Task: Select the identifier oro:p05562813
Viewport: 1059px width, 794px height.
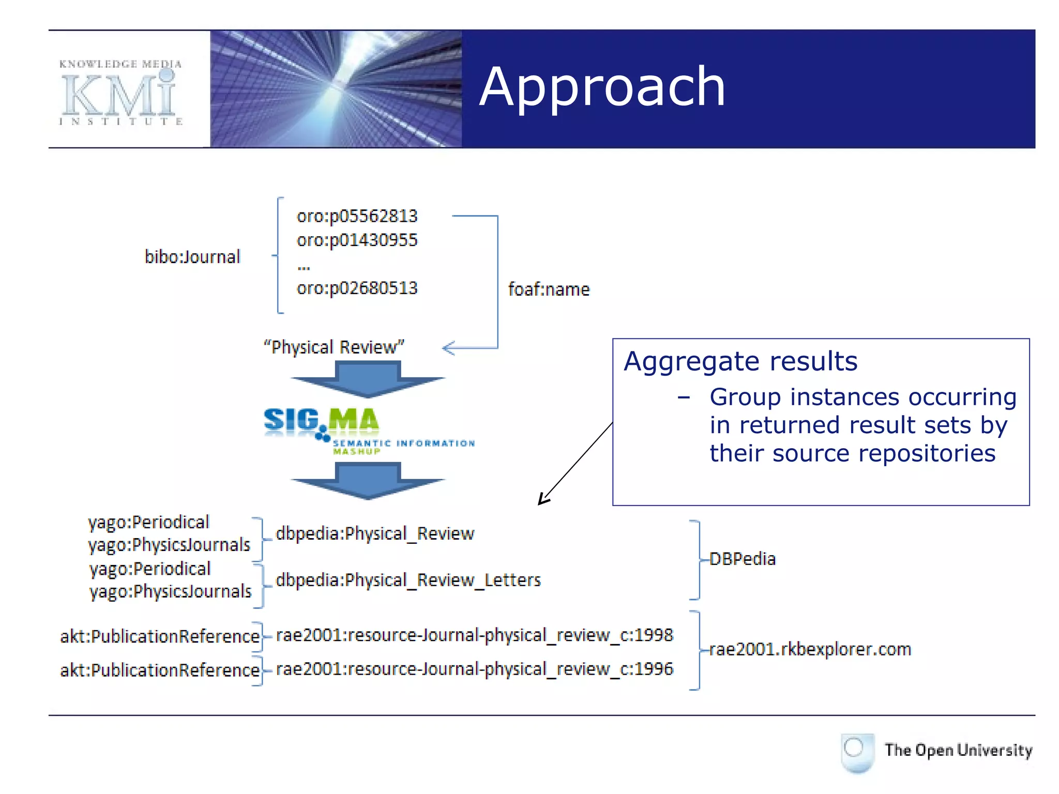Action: click(x=357, y=216)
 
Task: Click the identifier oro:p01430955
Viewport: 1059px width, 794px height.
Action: click(x=357, y=240)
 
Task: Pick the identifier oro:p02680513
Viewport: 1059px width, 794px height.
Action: click(x=357, y=288)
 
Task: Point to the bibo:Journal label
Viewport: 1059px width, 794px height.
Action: click(x=192, y=257)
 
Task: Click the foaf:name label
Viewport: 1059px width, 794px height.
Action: click(x=549, y=289)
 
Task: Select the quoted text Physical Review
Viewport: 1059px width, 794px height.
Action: click(x=334, y=347)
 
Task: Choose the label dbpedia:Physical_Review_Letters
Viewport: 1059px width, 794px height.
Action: click(x=408, y=580)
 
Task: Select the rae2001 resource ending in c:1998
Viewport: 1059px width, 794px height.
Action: click(x=474, y=635)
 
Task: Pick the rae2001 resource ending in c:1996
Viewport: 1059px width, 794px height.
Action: click(x=474, y=669)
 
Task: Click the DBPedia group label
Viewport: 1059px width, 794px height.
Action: click(x=742, y=559)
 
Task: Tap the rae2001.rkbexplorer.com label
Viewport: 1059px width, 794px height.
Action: click(x=810, y=649)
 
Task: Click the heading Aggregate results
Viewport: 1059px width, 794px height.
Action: click(x=740, y=361)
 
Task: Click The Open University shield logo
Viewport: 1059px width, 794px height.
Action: click(x=857, y=752)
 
